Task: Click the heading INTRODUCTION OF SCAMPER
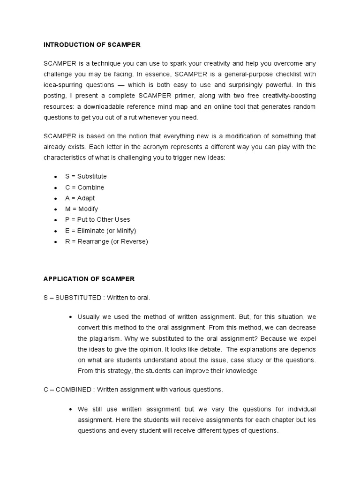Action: click(92, 45)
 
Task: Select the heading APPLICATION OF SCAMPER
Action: click(89, 279)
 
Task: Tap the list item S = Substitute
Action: click(86, 176)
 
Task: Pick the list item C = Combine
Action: click(85, 187)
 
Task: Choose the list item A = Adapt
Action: click(80, 198)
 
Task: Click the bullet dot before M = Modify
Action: click(56, 210)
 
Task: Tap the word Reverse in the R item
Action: click(135, 241)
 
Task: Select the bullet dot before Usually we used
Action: click(70, 317)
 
